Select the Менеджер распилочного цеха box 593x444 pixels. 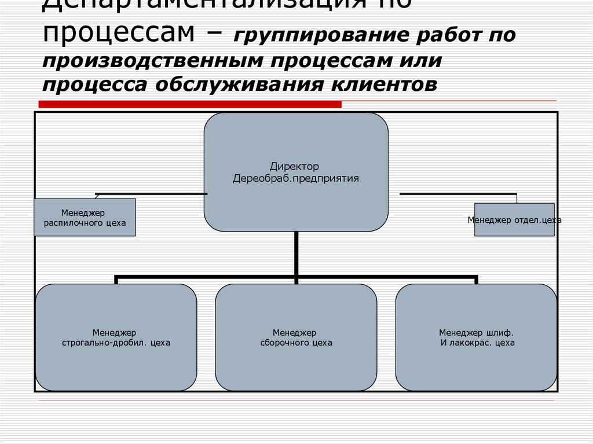85,217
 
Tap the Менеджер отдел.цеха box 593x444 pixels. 514,220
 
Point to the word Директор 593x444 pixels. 294,167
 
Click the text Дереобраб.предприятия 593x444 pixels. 296,178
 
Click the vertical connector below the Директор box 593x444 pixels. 296,254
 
